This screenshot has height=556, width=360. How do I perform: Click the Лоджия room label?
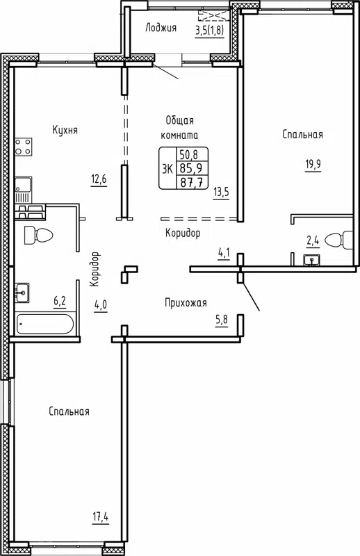[161, 28]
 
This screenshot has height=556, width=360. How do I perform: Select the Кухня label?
[64, 129]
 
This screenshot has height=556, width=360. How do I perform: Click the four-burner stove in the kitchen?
[23, 146]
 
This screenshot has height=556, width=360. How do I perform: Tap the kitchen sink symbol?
[23, 185]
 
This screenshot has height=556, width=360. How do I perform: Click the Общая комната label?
[179, 128]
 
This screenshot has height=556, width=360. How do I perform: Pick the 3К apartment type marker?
[167, 167]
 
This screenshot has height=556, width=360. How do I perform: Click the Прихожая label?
[186, 302]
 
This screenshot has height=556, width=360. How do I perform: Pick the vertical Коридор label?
[94, 269]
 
